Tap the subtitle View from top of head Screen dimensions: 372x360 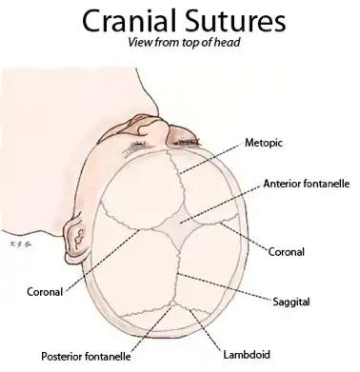pyautogui.click(x=180, y=45)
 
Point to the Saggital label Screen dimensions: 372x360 pyautogui.click(x=290, y=301)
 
